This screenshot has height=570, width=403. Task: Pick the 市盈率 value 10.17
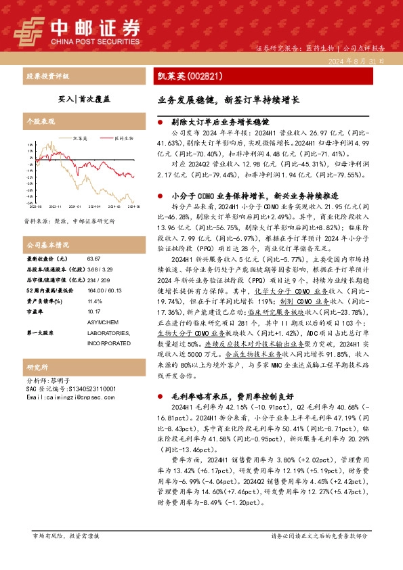click(x=94, y=312)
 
